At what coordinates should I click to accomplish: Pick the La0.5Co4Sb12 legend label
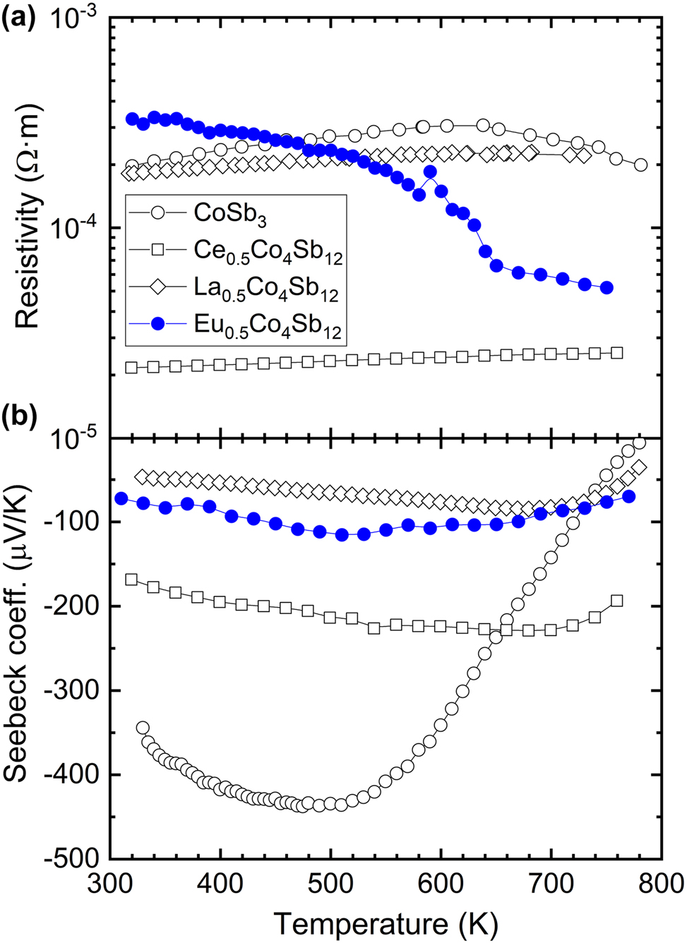pos(267,289)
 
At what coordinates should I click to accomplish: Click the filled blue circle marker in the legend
pos(159,324)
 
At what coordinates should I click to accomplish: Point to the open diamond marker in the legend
pos(159,287)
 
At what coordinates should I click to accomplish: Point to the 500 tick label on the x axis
pos(330,882)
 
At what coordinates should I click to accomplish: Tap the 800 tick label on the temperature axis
pos(661,882)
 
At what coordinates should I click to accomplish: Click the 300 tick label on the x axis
pos(110,882)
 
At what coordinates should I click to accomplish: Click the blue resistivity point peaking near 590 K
pos(429,172)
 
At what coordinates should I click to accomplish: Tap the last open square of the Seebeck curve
pos(616,601)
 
